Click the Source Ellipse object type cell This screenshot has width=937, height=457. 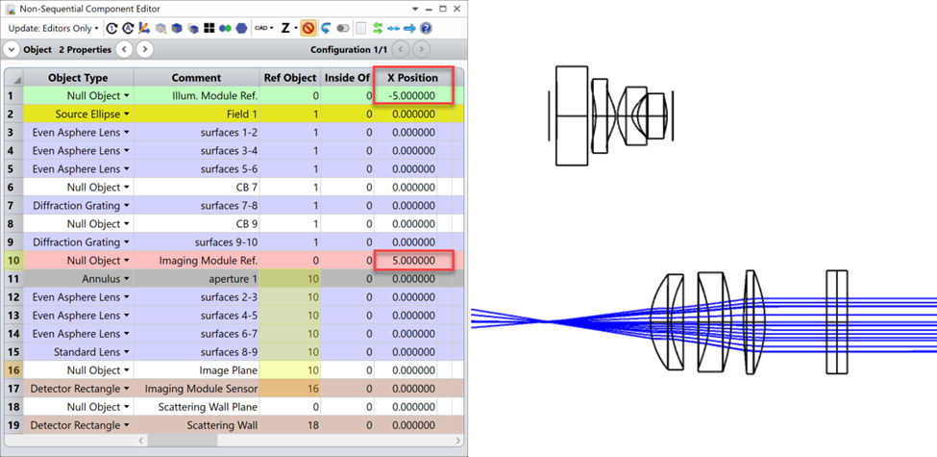[79, 114]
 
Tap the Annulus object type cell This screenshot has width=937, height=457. [79, 279]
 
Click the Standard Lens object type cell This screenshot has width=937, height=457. [79, 352]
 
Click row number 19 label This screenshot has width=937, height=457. [13, 425]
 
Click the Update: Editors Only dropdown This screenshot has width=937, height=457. [54, 29]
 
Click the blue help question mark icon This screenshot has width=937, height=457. [426, 29]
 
